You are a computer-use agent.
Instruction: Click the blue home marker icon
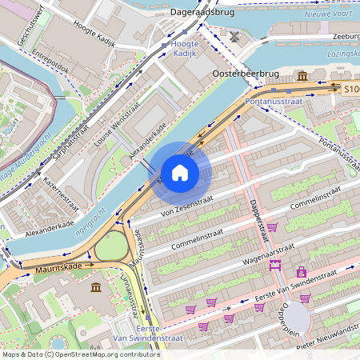[180, 173]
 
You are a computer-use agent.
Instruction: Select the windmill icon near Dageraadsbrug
[234, 36]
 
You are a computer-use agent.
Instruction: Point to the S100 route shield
[351, 90]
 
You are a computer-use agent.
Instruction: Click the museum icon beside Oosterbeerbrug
[303, 76]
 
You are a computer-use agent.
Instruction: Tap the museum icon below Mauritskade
[96, 286]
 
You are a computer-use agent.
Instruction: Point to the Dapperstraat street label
[258, 220]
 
